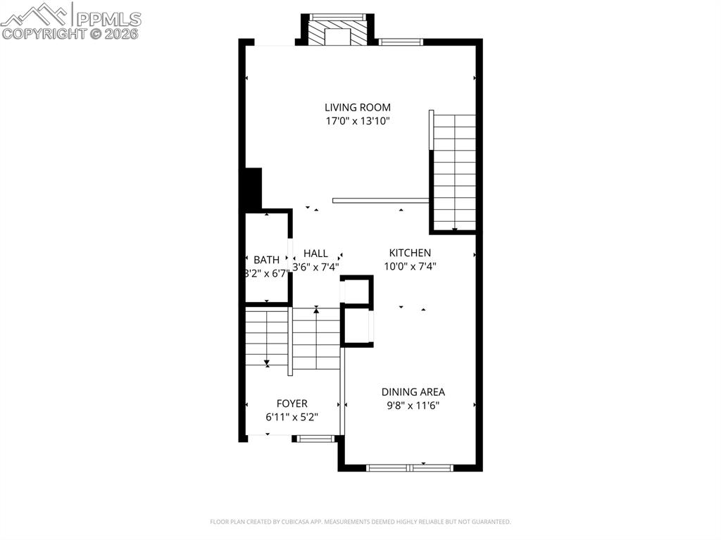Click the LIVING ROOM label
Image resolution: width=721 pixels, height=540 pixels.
[357, 107]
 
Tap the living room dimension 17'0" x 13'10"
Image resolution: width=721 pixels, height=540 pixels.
[357, 120]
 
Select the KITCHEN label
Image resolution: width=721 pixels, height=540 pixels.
[410, 253]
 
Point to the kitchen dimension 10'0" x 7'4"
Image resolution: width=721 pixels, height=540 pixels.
[410, 266]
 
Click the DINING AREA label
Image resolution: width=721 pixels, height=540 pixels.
[413, 391]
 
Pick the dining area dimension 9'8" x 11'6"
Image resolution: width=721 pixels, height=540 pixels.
[413, 405]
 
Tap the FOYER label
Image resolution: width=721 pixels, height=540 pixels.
[291, 403]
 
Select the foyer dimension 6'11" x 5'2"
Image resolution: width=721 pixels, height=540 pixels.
[291, 417]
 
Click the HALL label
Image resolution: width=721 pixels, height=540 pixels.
[315, 253]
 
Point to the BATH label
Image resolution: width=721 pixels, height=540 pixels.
[266, 260]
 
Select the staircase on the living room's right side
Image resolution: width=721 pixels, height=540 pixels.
[454, 172]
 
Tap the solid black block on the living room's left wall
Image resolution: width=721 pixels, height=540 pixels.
[252, 189]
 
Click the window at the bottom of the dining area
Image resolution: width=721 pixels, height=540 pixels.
[410, 467]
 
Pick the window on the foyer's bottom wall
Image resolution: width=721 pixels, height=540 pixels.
[315, 439]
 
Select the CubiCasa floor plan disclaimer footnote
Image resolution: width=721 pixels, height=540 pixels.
[360, 522]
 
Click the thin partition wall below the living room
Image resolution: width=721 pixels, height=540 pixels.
[380, 200]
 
